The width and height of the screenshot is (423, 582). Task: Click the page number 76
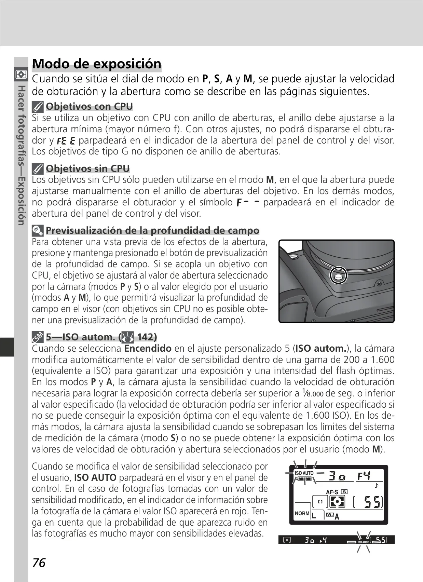pos(39,563)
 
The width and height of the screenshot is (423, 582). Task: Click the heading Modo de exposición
pos(97,64)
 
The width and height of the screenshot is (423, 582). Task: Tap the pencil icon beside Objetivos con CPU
pos(38,107)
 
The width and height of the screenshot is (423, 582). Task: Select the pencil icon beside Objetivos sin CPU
pos(38,169)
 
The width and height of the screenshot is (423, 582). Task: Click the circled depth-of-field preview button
pos(338,275)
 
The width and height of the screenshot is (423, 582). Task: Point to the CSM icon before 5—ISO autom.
pos(38,337)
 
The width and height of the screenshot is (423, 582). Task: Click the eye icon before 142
pos(127,337)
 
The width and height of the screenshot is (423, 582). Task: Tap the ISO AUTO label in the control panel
pos(304,473)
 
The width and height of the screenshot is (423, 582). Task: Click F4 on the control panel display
pos(364,476)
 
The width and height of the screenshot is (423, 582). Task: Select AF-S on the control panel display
pos(332,492)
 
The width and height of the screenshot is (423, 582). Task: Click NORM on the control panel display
pos(302,513)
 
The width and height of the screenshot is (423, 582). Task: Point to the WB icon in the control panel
pos(330,514)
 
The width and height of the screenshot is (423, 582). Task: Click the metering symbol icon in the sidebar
pos(21,74)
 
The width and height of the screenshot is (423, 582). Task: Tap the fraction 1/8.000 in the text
pos(313,393)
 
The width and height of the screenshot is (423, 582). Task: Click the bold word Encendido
pos(148,349)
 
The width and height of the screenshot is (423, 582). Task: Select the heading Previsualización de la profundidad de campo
pos(152,230)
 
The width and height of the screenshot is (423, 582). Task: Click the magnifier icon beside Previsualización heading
pos(38,230)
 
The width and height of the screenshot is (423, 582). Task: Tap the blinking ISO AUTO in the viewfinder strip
pos(363,542)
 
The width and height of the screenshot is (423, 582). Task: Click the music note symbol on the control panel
pos(377,485)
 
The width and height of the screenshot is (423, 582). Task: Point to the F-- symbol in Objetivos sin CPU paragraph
pos(248,202)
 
